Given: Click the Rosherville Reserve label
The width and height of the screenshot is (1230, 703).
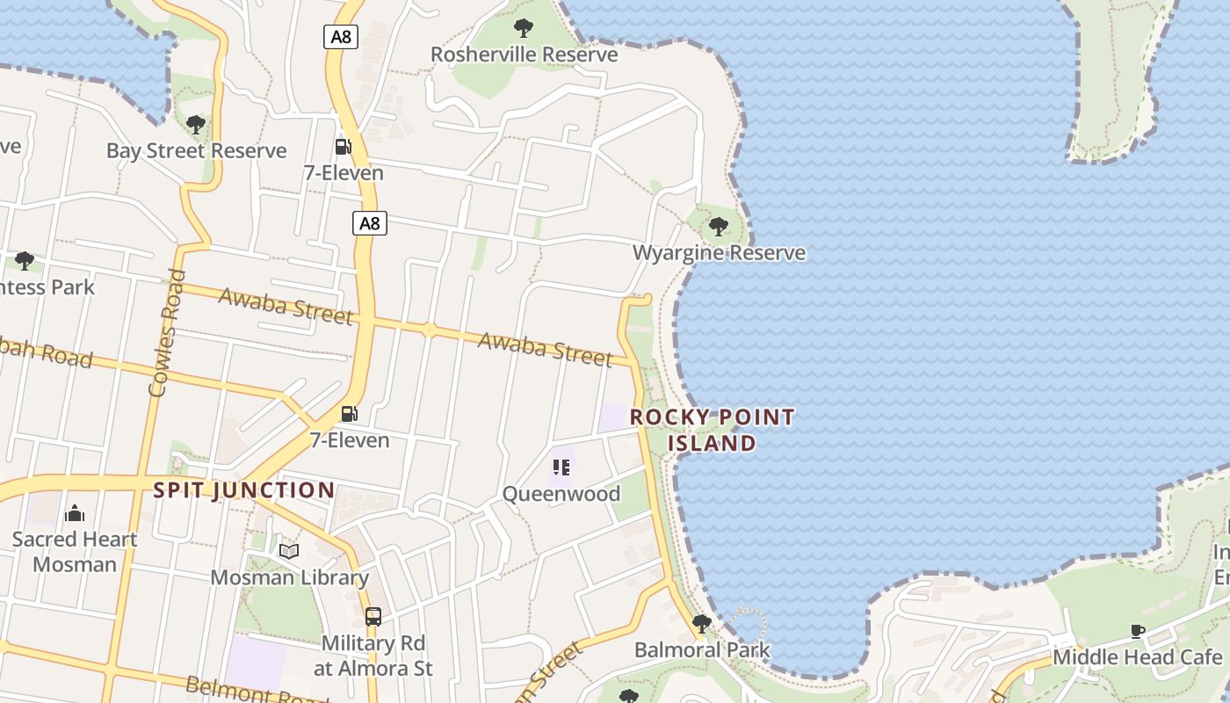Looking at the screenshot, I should (x=524, y=54).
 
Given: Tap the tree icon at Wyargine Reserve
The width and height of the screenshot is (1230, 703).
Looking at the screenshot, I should (x=719, y=227).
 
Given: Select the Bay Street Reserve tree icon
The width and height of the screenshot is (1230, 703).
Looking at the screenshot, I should (x=196, y=125).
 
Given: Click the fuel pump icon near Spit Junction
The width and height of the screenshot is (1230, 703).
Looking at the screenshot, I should (x=350, y=413).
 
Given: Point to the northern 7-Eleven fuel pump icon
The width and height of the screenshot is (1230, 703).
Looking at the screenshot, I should (x=343, y=146).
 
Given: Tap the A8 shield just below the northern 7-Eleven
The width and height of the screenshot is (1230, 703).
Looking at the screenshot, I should (x=370, y=223).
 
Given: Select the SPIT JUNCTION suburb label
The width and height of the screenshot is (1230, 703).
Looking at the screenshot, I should (x=244, y=490).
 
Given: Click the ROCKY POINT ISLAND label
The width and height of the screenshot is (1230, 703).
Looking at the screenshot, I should (x=713, y=430).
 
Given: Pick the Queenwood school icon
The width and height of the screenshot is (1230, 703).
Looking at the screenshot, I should (x=561, y=467).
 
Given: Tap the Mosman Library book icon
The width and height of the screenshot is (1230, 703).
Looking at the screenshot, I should (x=289, y=551).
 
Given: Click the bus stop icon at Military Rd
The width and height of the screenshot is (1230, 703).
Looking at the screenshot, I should (x=373, y=617).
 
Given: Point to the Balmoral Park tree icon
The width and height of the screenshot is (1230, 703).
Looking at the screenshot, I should (x=701, y=624).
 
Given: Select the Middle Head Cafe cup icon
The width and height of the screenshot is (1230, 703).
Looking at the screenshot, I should (x=1138, y=631).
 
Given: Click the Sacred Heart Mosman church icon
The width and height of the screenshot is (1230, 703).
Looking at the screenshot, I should (x=75, y=512).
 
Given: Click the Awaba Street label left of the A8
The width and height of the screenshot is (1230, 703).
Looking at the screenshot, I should (x=286, y=305).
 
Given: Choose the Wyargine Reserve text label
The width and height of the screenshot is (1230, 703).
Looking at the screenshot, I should (x=719, y=253).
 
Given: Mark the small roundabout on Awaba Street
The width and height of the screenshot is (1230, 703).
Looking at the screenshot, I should (x=429, y=330).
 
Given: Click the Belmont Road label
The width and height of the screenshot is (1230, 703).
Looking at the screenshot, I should (x=255, y=691).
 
